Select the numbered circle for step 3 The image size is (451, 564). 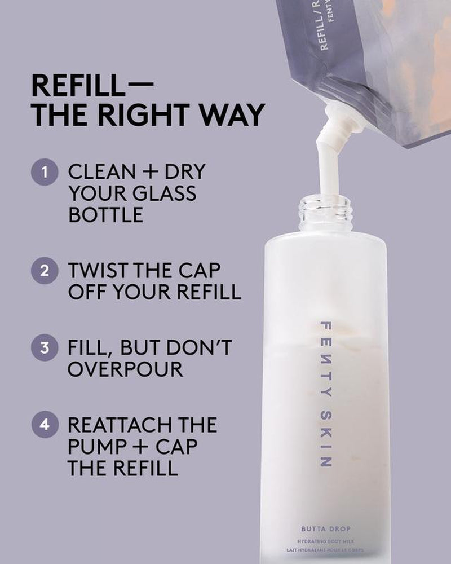(45, 348)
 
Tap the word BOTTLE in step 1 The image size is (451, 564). (105, 215)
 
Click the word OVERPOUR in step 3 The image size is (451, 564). (125, 369)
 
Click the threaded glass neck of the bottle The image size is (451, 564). (325, 213)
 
